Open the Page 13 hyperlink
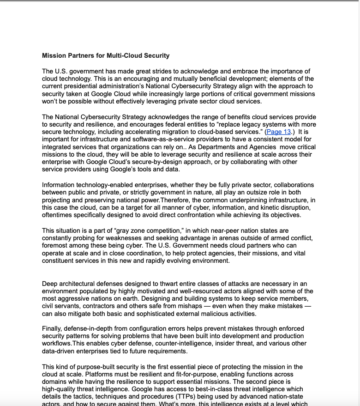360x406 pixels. (x=279, y=132)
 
